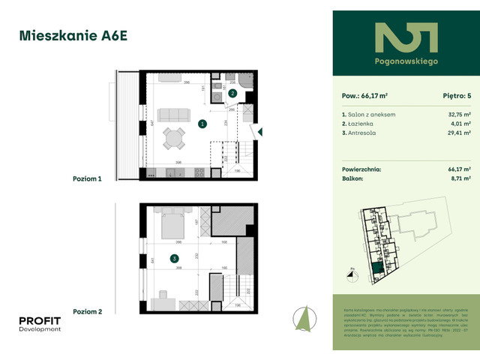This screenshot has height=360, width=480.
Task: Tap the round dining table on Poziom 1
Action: point(173,138)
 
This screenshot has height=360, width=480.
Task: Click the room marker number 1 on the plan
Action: point(201,124)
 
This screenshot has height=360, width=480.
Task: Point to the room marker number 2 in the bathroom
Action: point(233,94)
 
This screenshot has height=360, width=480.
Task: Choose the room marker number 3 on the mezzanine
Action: point(175,259)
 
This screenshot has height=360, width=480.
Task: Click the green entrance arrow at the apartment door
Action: point(259,132)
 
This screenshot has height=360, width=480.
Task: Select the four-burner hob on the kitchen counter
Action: point(200,172)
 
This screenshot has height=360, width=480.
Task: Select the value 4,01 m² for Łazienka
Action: point(460,123)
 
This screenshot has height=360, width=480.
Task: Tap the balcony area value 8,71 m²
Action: point(460,179)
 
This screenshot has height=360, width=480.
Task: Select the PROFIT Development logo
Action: point(40,324)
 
